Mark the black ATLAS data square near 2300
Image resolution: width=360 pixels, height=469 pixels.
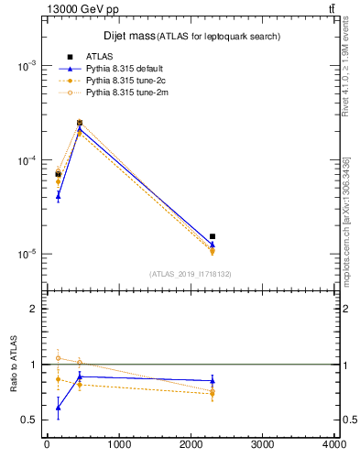[x=213, y=236]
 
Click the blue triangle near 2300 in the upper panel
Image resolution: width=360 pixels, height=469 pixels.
[x=213, y=245]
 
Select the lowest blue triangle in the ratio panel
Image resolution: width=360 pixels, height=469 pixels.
[x=59, y=408]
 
